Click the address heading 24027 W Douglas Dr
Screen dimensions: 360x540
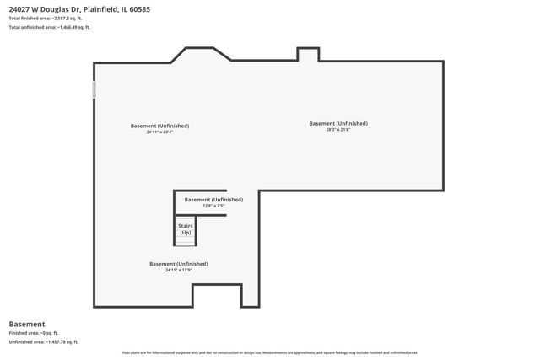tap(79, 9)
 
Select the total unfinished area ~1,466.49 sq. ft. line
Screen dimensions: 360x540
tap(49, 28)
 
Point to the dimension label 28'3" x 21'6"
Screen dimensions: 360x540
tap(338, 129)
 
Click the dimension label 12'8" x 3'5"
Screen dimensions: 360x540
tap(213, 206)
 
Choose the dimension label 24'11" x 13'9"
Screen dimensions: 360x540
tap(178, 270)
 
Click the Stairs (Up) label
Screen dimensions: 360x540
tap(185, 229)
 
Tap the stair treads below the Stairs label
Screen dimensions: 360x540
tap(185, 242)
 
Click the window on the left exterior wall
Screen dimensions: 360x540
tap(94, 89)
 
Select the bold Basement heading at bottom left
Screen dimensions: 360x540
tap(27, 324)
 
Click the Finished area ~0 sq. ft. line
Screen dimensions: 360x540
tap(35, 333)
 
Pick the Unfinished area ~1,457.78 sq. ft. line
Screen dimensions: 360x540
tap(44, 342)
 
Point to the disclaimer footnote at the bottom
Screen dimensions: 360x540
tap(270, 352)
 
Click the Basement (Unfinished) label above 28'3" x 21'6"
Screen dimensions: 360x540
tap(338, 123)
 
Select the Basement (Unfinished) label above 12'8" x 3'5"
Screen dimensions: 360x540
tap(213, 200)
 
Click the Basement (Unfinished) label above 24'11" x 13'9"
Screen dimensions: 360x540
tap(178, 264)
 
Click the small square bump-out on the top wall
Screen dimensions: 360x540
tap(308, 54)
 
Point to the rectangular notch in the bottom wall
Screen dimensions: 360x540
tap(218, 295)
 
